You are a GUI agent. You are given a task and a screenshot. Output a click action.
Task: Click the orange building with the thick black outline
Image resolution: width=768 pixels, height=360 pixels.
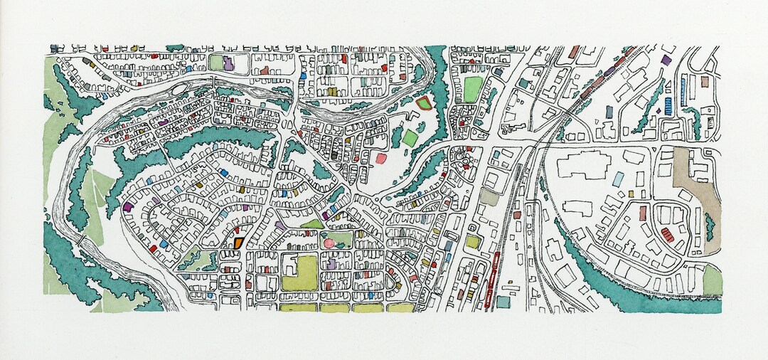pyautogui.click(x=238, y=242)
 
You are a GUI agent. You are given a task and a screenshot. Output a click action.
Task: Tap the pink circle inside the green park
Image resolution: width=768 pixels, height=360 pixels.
pyautogui.click(x=329, y=243)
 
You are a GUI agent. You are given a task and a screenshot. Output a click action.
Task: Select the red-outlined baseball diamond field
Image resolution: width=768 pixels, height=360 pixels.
pyautogui.click(x=424, y=105)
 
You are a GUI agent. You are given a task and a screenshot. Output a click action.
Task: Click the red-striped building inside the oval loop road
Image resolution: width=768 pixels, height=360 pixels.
pyautogui.click(x=667, y=234)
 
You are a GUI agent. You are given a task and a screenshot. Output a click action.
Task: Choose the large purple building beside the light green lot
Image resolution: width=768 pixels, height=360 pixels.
pyautogui.click(x=229, y=63)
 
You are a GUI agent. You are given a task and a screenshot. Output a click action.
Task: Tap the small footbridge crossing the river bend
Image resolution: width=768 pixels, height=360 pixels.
pyautogui.click(x=86, y=243)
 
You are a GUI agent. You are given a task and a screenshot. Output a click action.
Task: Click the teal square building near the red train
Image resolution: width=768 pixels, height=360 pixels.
pyautogui.click(x=503, y=302)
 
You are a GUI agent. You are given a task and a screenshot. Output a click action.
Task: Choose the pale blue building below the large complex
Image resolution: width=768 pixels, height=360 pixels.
pyautogui.click(x=619, y=179)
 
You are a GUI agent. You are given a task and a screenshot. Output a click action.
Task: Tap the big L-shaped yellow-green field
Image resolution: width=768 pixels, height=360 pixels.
pyautogui.click(x=301, y=273)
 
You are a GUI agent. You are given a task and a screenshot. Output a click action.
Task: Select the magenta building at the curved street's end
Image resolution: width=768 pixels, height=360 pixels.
pyautogui.click(x=127, y=207)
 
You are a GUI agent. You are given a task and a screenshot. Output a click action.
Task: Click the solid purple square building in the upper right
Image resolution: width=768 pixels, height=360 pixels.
pyautogui.click(x=666, y=60)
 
